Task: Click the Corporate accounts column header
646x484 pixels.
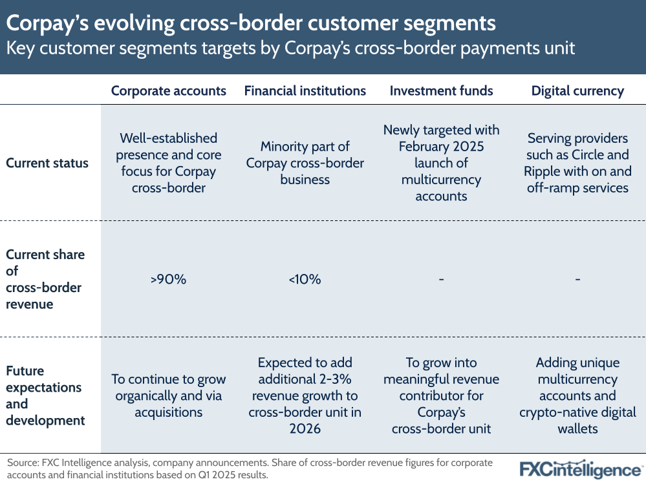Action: (169, 90)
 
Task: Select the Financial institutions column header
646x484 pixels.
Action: (305, 90)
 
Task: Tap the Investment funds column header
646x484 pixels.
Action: (441, 90)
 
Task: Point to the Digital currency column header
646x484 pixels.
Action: (577, 90)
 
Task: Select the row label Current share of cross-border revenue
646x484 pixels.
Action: (45, 279)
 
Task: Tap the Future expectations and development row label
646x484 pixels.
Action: (45, 395)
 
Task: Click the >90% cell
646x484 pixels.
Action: (169, 279)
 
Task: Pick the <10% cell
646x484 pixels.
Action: (305, 279)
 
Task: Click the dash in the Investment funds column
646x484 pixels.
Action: (441, 279)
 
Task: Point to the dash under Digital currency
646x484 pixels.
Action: (577, 279)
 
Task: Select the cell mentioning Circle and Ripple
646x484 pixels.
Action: (577, 163)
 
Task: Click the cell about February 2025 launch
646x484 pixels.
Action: (441, 163)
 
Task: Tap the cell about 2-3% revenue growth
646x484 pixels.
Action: (305, 395)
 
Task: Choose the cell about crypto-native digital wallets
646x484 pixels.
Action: (577, 395)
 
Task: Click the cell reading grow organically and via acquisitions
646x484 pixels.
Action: (169, 395)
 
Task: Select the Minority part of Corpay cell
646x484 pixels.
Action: (305, 163)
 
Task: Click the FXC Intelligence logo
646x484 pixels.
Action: (581, 468)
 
